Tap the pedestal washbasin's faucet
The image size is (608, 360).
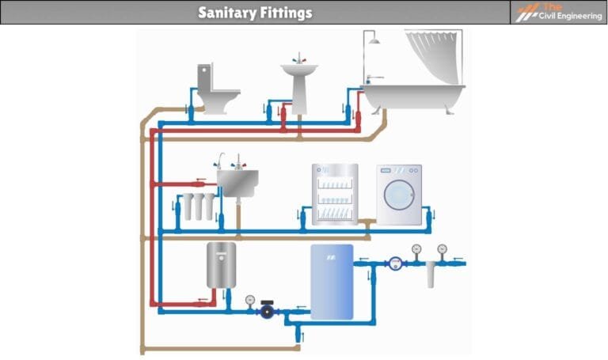pyautogui.click(x=300, y=60)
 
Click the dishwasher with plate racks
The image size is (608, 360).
pyautogui.click(x=335, y=195)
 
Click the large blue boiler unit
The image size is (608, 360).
pyautogui.click(x=332, y=280)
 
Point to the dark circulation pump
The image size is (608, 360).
pyautogui.click(x=268, y=311)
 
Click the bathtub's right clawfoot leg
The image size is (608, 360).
pyautogui.click(x=452, y=110)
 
